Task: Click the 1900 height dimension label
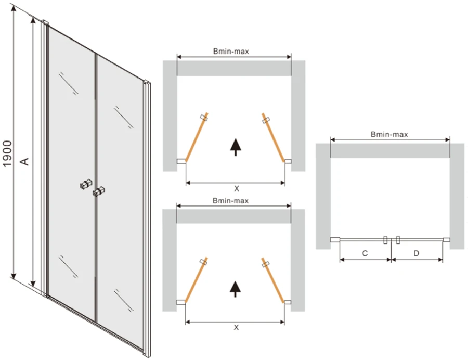7,154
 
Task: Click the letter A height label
25,161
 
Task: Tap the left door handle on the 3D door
86,184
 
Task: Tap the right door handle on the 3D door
99,191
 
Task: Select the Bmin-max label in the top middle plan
231,52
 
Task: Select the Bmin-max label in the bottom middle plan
231,201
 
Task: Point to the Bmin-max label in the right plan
389,134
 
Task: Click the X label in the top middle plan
237,189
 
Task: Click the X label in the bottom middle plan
236,327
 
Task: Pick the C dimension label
365,253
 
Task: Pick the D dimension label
417,253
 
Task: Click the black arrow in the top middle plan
236,147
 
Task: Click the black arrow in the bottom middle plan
236,289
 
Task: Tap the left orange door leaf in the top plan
197,137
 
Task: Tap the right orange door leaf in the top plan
273,137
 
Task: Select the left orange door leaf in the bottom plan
196,280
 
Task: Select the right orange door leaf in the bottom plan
273,280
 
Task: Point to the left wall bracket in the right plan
335,239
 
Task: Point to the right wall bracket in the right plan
446,239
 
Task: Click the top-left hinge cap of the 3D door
45,23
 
